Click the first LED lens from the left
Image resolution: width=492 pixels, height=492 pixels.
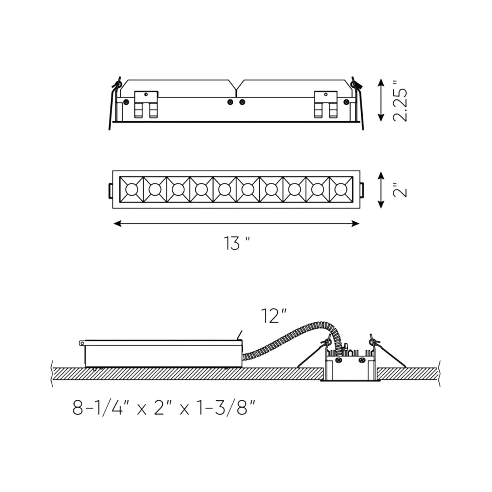click(132, 190)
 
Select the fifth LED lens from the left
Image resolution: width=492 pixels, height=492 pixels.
click(225, 190)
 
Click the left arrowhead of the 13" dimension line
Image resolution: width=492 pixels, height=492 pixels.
click(117, 223)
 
